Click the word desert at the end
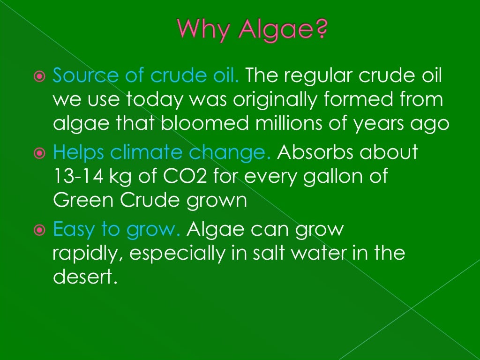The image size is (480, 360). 83,277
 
